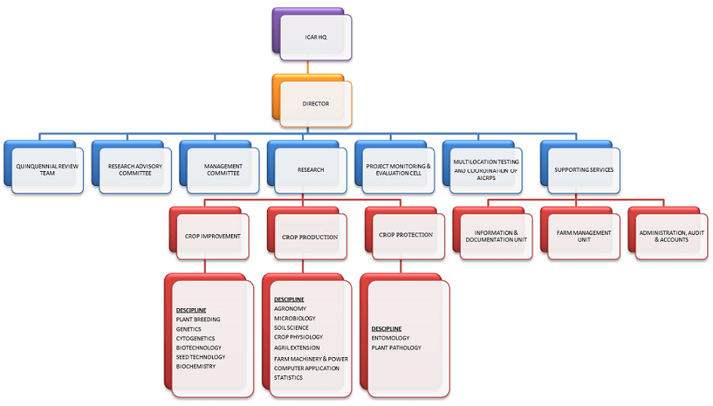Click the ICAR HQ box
click(x=315, y=37)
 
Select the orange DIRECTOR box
click(x=315, y=103)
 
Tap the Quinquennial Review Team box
click(x=47, y=169)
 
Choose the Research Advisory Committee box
click(x=134, y=169)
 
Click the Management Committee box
click(x=223, y=169)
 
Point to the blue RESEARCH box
click(x=310, y=169)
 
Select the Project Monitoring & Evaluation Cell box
click(x=398, y=169)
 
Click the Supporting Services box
click(x=583, y=169)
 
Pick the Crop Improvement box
click(x=213, y=236)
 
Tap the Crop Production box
click(x=310, y=236)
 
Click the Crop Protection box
click(x=406, y=235)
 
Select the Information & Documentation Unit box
click(x=496, y=236)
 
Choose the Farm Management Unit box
click(x=583, y=236)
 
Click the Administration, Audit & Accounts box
click(x=671, y=236)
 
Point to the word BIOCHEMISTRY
click(x=195, y=366)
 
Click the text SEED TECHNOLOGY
click(x=200, y=357)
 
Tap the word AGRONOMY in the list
click(x=290, y=309)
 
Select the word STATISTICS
click(x=288, y=377)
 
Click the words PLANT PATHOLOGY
click(x=396, y=347)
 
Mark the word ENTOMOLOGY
click(x=390, y=338)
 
